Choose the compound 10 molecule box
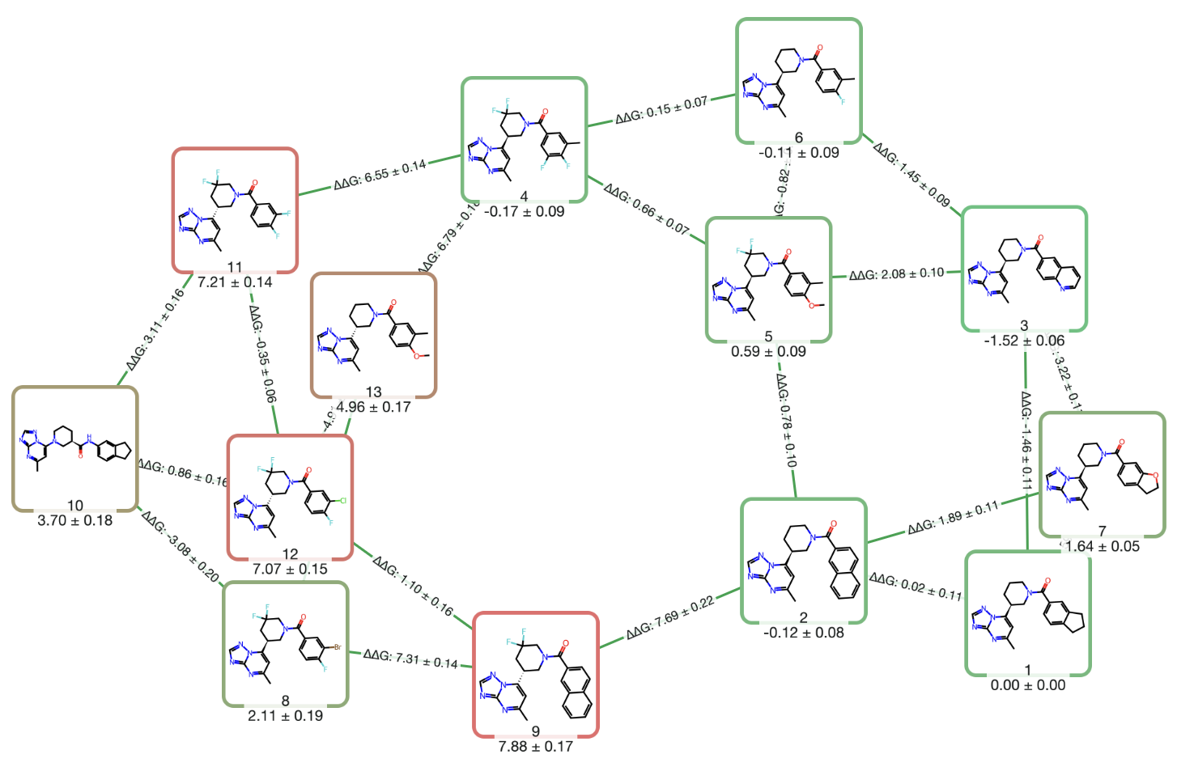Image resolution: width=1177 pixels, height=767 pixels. pos(74,448)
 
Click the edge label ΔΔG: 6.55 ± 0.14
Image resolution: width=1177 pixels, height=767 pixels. pos(380,175)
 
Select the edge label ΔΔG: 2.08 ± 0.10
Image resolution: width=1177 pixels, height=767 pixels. pos(896,274)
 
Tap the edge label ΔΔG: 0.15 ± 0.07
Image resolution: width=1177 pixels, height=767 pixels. pos(661,110)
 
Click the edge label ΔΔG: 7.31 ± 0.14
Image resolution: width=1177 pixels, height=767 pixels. pos(410,659)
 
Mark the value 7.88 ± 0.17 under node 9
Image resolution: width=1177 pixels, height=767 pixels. pos(535,746)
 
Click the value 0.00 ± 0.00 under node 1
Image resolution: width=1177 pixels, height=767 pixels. pos(1028,685)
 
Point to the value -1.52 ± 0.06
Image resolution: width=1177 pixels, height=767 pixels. pos(1024,341)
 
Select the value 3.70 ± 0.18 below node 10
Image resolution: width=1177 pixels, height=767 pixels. pos(74,520)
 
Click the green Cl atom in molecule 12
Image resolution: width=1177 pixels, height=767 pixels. pos(342,501)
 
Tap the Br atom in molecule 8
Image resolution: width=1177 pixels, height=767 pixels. pos(337,647)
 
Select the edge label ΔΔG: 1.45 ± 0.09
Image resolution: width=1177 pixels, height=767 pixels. pos(911,174)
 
